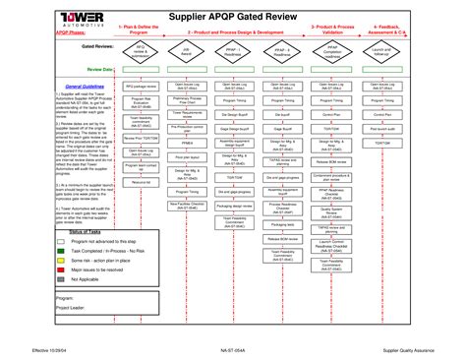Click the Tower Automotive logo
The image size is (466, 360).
[40, 22]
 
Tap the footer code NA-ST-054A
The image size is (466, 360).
[232, 349]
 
